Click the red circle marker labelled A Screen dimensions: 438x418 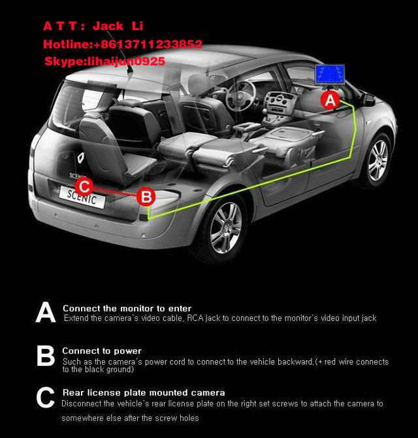click(x=330, y=100)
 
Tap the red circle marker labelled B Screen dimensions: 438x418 click(x=147, y=195)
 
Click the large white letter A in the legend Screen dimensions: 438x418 click(x=46, y=313)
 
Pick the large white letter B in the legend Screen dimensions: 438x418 click(x=46, y=356)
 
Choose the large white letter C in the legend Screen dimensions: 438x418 click(x=46, y=398)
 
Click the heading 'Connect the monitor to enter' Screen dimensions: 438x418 click(x=127, y=308)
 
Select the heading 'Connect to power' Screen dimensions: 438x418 click(x=102, y=351)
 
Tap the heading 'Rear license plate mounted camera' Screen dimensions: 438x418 click(x=143, y=392)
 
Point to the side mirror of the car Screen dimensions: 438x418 click(x=369, y=100)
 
